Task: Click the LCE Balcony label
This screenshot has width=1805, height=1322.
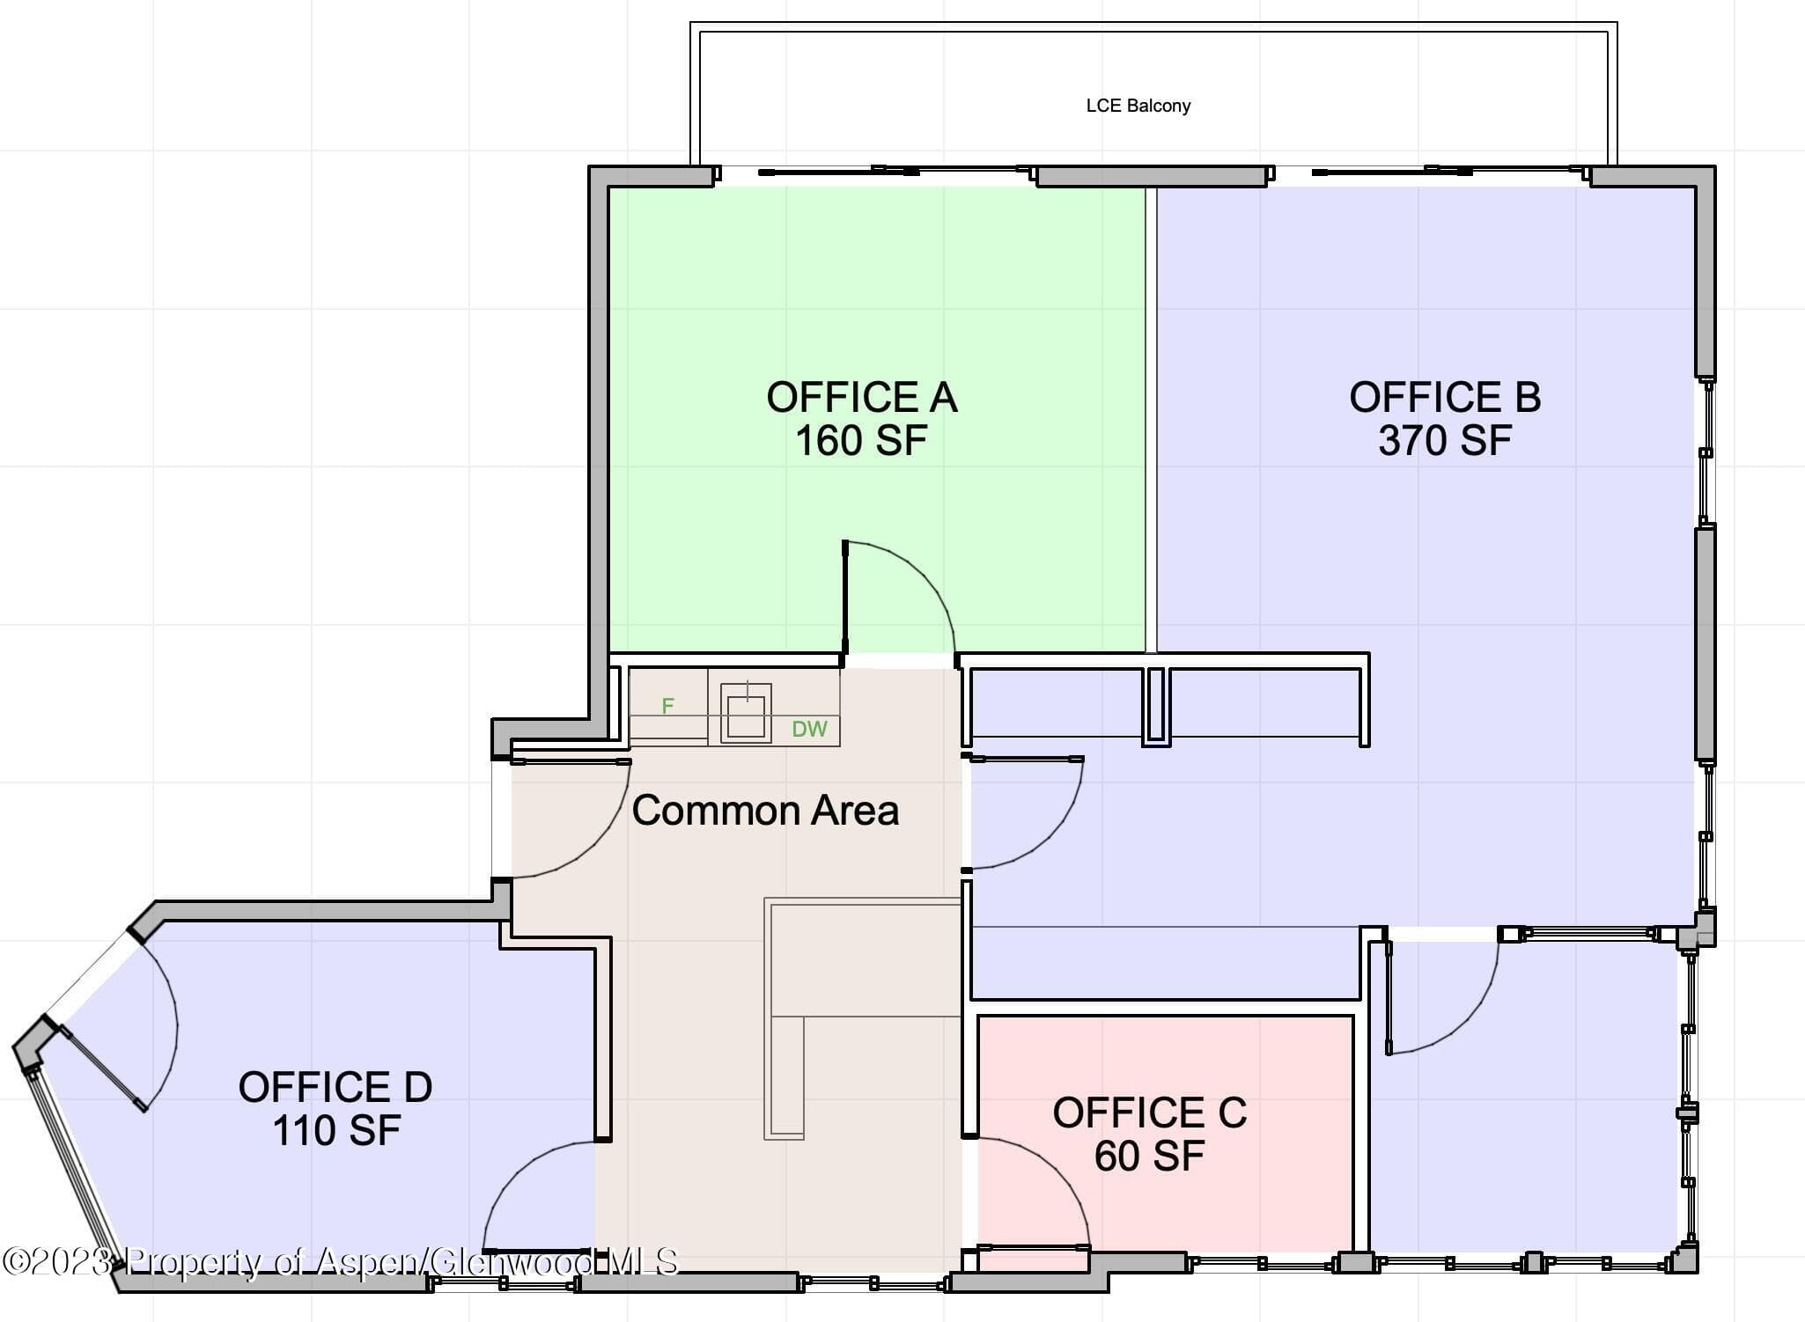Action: (1138, 106)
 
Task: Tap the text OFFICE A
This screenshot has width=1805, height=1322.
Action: (861, 397)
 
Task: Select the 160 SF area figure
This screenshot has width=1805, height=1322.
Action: (861, 440)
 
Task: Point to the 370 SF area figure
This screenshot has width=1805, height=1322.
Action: (1445, 440)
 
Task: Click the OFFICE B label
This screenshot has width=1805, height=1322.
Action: (1445, 397)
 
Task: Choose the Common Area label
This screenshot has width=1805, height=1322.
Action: (765, 810)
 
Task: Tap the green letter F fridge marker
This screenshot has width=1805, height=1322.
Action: (667, 706)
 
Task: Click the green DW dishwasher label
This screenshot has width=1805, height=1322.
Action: (809, 729)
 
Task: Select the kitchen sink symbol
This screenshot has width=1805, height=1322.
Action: (746, 713)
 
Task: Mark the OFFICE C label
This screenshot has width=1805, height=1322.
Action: (1149, 1113)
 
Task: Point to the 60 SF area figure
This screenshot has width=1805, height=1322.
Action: (1149, 1156)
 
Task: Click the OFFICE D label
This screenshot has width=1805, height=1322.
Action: (335, 1087)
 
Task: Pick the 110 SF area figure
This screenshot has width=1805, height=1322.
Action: (336, 1131)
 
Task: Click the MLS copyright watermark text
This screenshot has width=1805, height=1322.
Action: (340, 1261)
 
